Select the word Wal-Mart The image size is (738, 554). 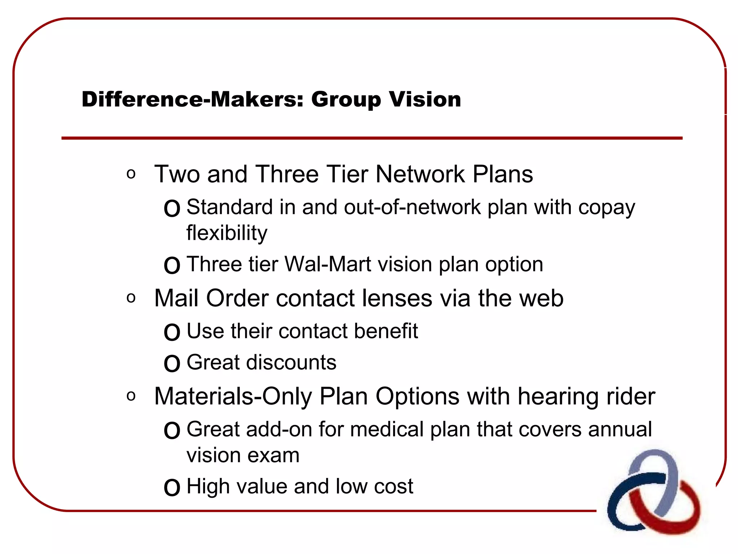tap(328, 264)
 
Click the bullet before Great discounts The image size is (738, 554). tap(172, 364)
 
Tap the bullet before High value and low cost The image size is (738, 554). tap(172, 488)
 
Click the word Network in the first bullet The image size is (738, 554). tap(420, 174)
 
